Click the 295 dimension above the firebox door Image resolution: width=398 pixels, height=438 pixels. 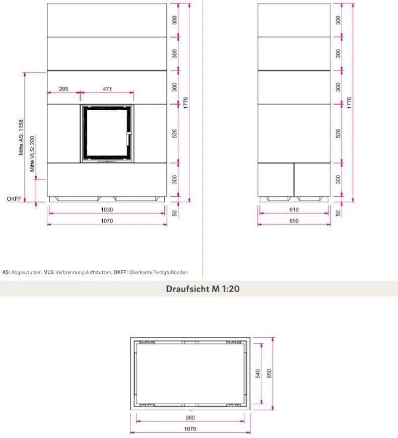point(63,89)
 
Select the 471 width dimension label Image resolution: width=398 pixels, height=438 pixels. point(107,89)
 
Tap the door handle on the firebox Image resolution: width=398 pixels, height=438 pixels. point(128,138)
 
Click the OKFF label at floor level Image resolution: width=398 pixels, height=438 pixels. point(14,199)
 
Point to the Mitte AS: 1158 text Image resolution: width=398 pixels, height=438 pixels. point(21,137)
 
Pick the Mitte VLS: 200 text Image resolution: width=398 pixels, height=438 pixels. point(32,154)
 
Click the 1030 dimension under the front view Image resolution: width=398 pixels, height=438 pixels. point(107,209)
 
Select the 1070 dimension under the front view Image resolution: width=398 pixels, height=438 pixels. point(107,221)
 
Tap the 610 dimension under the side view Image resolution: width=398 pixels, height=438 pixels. point(294,209)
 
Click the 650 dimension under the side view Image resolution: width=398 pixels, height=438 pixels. point(294,221)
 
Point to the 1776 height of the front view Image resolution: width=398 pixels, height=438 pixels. point(186,103)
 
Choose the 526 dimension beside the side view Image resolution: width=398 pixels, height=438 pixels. point(338,133)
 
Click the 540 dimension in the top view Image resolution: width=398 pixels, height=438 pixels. point(258,374)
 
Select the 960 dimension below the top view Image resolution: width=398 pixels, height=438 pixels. point(190,417)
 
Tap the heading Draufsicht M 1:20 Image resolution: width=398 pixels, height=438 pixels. point(203,288)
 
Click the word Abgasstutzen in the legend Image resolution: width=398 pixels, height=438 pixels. point(26,272)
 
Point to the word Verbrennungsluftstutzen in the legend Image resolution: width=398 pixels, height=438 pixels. point(83,272)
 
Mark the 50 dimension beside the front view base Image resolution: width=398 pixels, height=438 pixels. point(175,213)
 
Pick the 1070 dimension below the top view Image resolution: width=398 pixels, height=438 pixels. point(190,429)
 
